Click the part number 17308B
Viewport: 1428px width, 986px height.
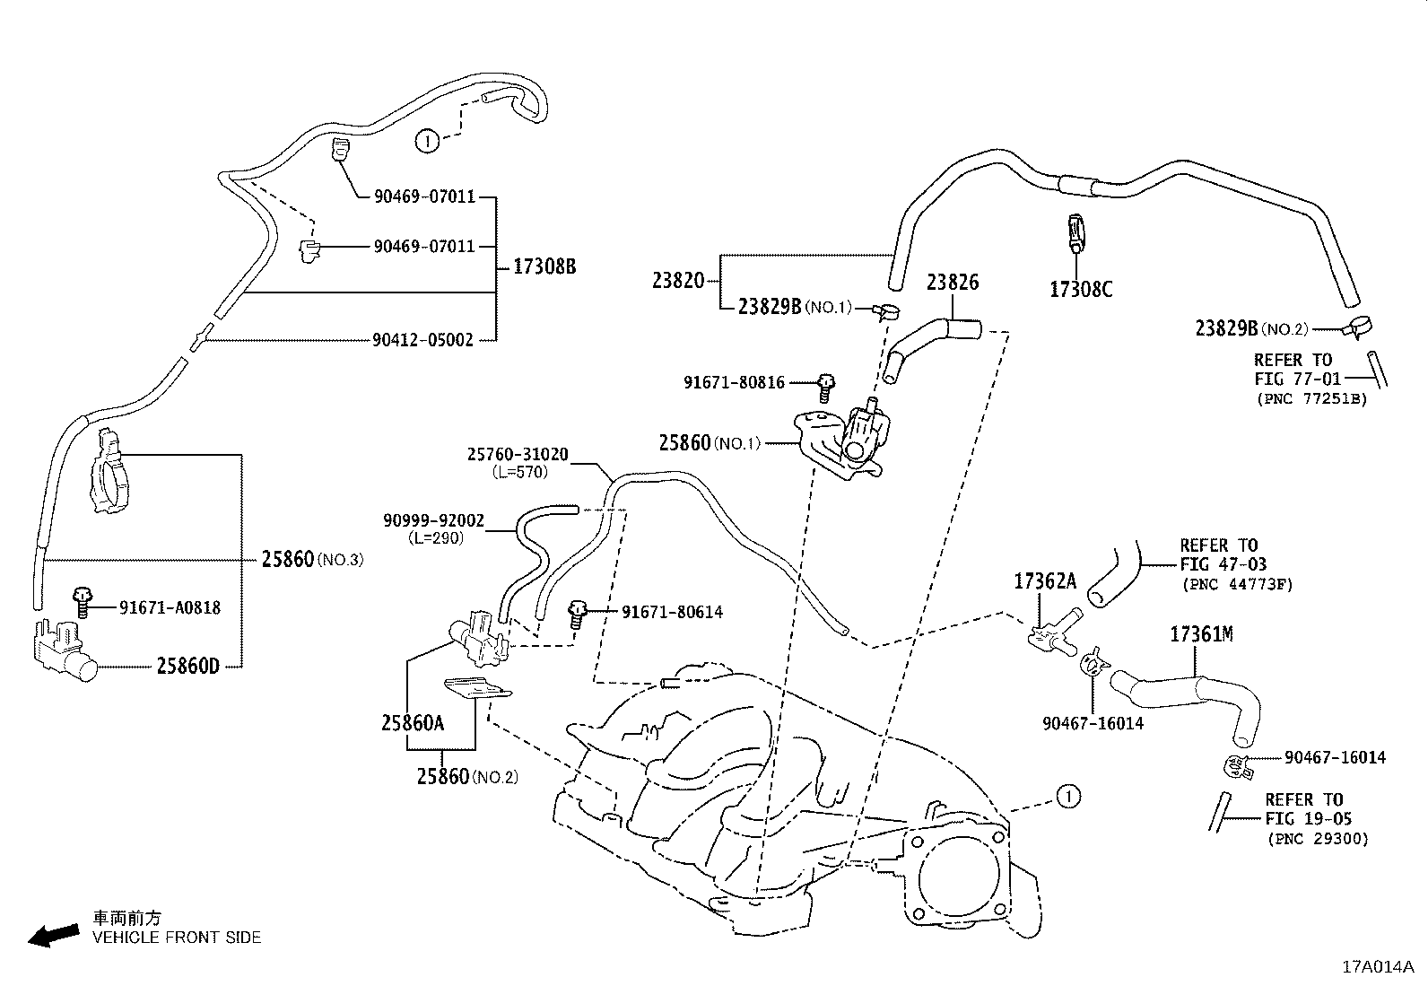pyautogui.click(x=544, y=266)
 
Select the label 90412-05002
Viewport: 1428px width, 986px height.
pyautogui.click(x=422, y=340)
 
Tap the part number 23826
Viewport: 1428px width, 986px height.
pyautogui.click(x=953, y=283)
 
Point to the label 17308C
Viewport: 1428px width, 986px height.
pyautogui.click(x=1081, y=289)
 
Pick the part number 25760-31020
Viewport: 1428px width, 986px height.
pyautogui.click(x=518, y=455)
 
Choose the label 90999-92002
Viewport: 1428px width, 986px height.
pyautogui.click(x=433, y=520)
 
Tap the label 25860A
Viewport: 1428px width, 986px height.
pyautogui.click(x=413, y=722)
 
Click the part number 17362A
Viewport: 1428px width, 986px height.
pyautogui.click(x=1045, y=581)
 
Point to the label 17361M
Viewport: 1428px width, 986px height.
pyautogui.click(x=1201, y=635)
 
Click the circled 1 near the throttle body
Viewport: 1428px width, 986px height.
pyautogui.click(x=1067, y=795)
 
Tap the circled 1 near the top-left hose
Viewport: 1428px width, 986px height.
pyautogui.click(x=427, y=140)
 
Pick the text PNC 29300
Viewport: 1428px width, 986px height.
pyautogui.click(x=1318, y=840)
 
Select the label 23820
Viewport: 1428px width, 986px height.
pyautogui.click(x=678, y=280)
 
